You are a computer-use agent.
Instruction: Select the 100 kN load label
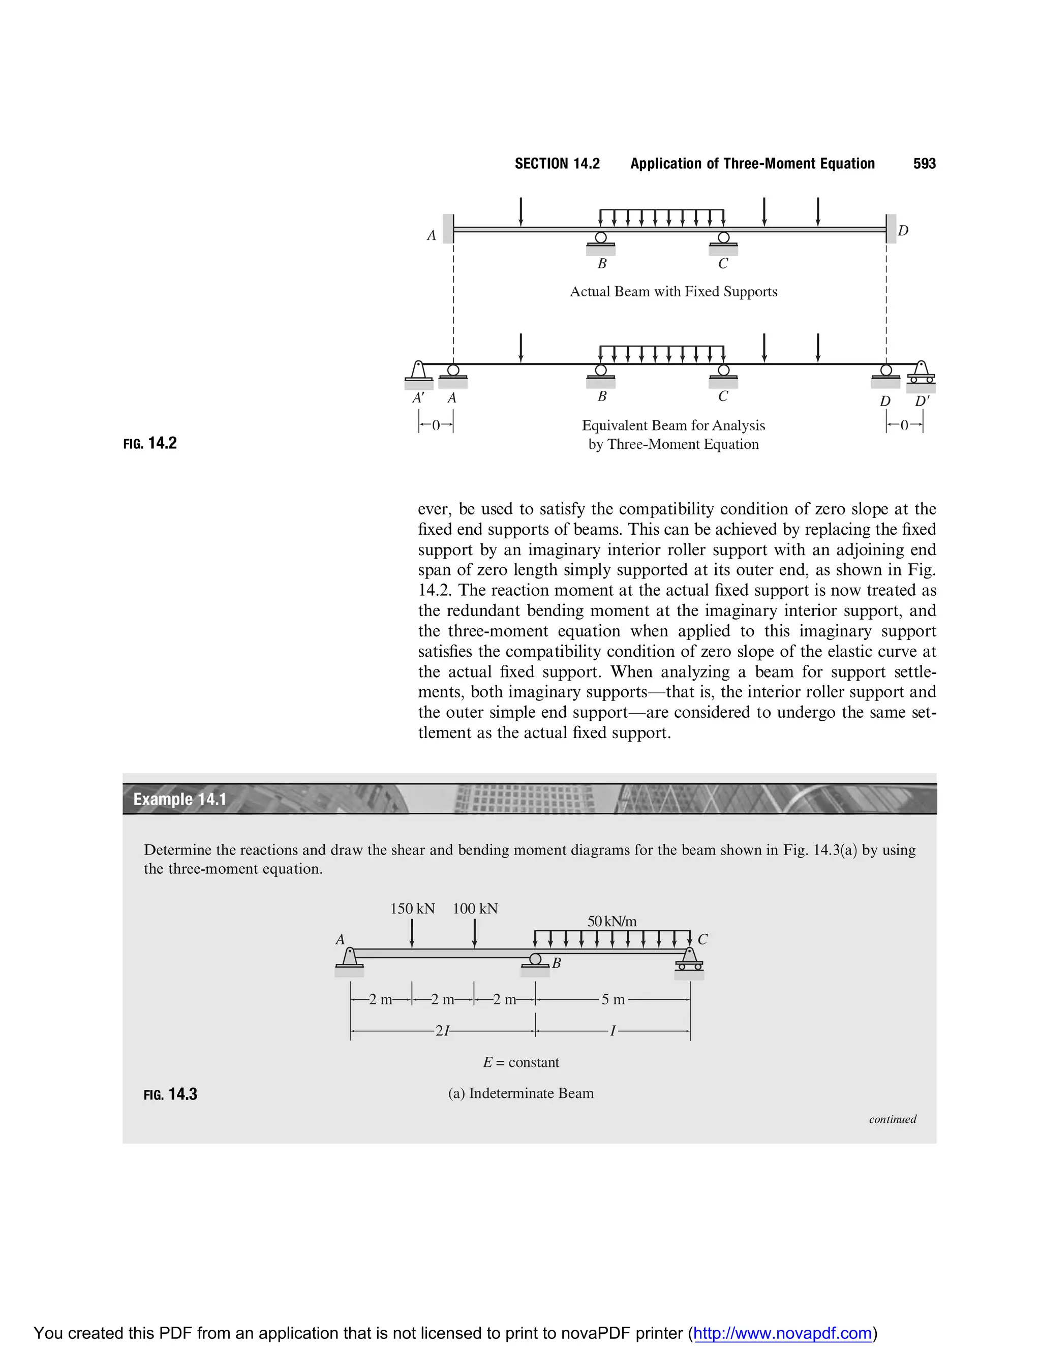pos(475,908)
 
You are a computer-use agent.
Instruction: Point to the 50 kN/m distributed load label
pos(612,922)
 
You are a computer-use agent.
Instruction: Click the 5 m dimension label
pos(613,999)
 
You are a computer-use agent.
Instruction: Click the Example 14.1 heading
pos(179,800)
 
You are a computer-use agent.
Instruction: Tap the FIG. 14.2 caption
pos(150,443)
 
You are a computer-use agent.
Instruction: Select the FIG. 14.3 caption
pos(170,1094)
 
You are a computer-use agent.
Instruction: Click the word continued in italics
pos(893,1119)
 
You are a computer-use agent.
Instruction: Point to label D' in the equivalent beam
pos(922,401)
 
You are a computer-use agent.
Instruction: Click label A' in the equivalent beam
pos(419,398)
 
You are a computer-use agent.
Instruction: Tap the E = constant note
pos(520,1062)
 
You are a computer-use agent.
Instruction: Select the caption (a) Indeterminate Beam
pos(520,1093)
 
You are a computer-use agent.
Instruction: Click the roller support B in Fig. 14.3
pos(535,961)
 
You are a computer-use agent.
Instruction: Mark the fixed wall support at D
pos(891,229)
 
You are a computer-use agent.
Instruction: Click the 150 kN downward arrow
pos(412,933)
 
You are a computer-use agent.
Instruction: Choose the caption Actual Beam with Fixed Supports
pos(673,291)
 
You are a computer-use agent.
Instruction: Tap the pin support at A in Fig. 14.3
pos(350,960)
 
